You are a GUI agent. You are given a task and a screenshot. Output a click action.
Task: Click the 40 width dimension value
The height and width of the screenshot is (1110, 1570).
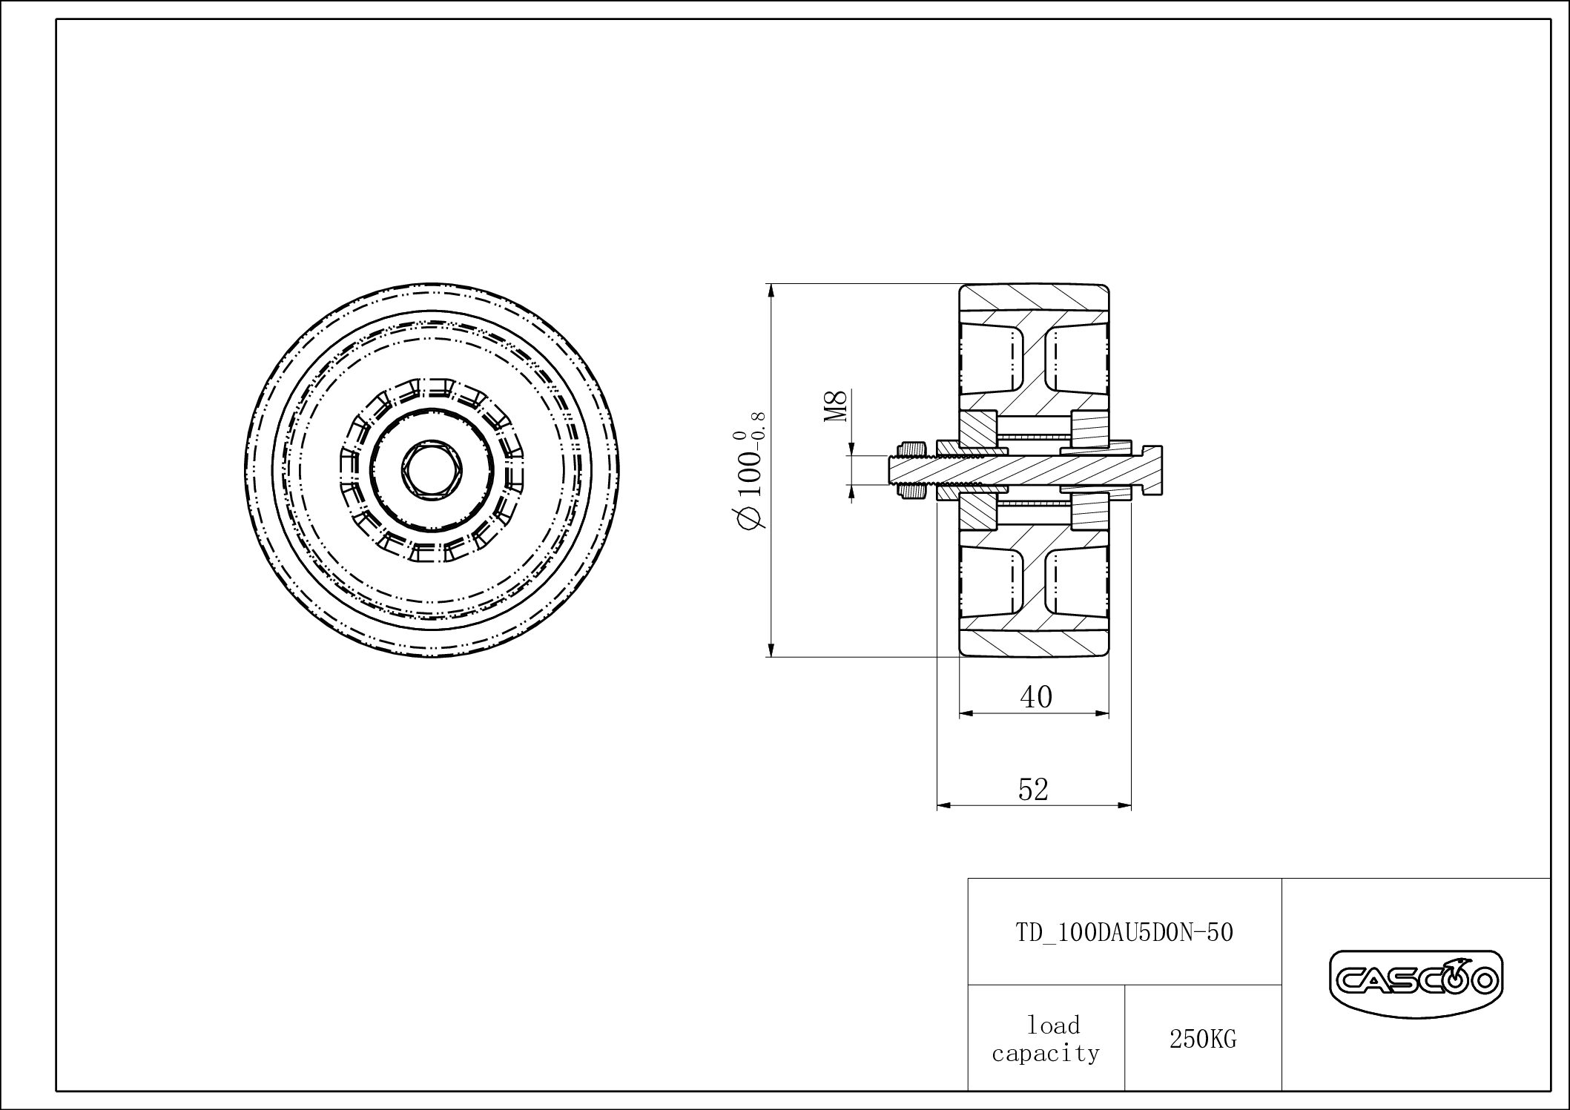coord(1036,696)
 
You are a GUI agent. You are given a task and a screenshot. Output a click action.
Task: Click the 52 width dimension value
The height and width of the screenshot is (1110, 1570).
coord(1033,790)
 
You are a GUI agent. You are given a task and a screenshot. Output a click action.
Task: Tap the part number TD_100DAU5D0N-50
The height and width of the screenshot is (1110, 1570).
coord(1124,932)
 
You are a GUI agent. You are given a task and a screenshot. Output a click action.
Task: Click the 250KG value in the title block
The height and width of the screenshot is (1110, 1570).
coord(1203,1040)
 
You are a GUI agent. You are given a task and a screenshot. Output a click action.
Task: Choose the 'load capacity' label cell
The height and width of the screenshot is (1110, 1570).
coord(1046,1039)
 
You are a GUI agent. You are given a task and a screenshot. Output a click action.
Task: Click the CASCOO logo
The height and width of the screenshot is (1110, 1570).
coord(1415,982)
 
